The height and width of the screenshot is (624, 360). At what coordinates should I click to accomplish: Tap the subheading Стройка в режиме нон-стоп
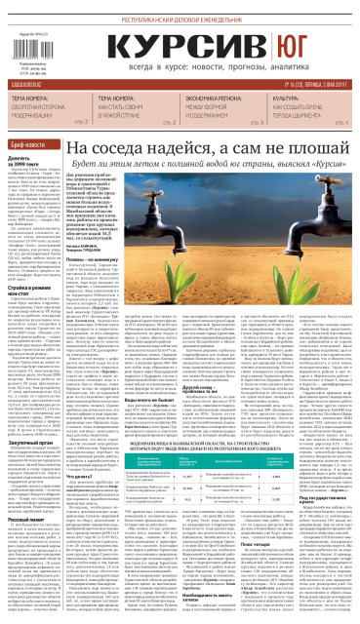click(30, 265)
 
